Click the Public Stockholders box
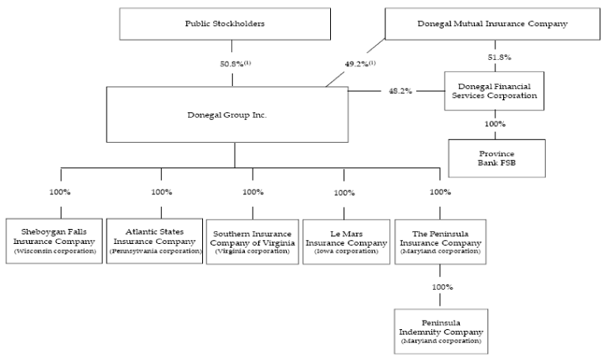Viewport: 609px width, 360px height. [x=225, y=24]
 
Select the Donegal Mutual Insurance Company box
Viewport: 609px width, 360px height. [x=492, y=24]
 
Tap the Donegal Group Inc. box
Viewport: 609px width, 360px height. [x=227, y=114]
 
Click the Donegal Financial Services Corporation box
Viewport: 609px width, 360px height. [x=494, y=91]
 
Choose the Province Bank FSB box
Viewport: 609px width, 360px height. [x=497, y=159]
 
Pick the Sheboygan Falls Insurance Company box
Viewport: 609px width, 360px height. [x=54, y=241]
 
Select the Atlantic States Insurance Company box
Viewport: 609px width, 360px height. [x=155, y=241]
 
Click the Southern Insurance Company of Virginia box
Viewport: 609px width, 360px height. [x=253, y=242]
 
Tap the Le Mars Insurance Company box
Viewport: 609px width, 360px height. [x=346, y=242]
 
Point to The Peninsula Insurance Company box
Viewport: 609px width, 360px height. [x=441, y=242]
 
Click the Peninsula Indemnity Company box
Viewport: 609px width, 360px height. [x=441, y=332]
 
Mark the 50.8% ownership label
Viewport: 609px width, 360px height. [x=235, y=64]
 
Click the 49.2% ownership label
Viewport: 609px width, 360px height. [x=360, y=64]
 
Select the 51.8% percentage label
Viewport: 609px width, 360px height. [x=499, y=58]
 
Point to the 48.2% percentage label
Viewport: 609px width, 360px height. [x=400, y=92]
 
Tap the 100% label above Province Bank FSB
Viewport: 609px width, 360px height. [x=494, y=124]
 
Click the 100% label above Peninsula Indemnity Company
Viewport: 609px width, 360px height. [x=442, y=287]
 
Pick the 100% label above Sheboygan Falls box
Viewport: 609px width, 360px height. [x=60, y=192]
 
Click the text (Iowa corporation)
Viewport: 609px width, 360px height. [x=346, y=251]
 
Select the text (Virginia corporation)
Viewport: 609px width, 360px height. [x=253, y=251]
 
